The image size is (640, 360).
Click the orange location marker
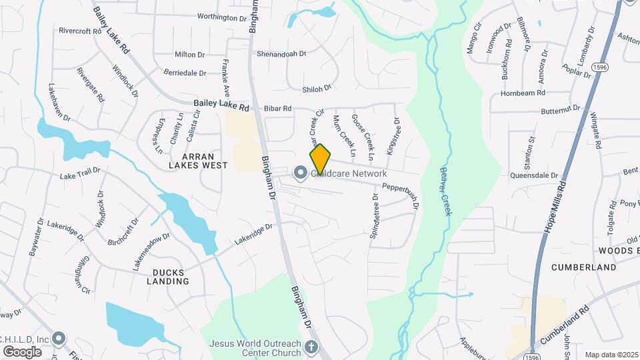click(x=321, y=159)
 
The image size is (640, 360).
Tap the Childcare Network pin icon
click(x=301, y=173)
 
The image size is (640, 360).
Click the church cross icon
click(x=311, y=347)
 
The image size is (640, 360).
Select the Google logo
click(x=22, y=351)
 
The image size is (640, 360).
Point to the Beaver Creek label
click(x=445, y=191)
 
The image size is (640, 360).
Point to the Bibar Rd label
click(x=277, y=108)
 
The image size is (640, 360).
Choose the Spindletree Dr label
click(x=375, y=217)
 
